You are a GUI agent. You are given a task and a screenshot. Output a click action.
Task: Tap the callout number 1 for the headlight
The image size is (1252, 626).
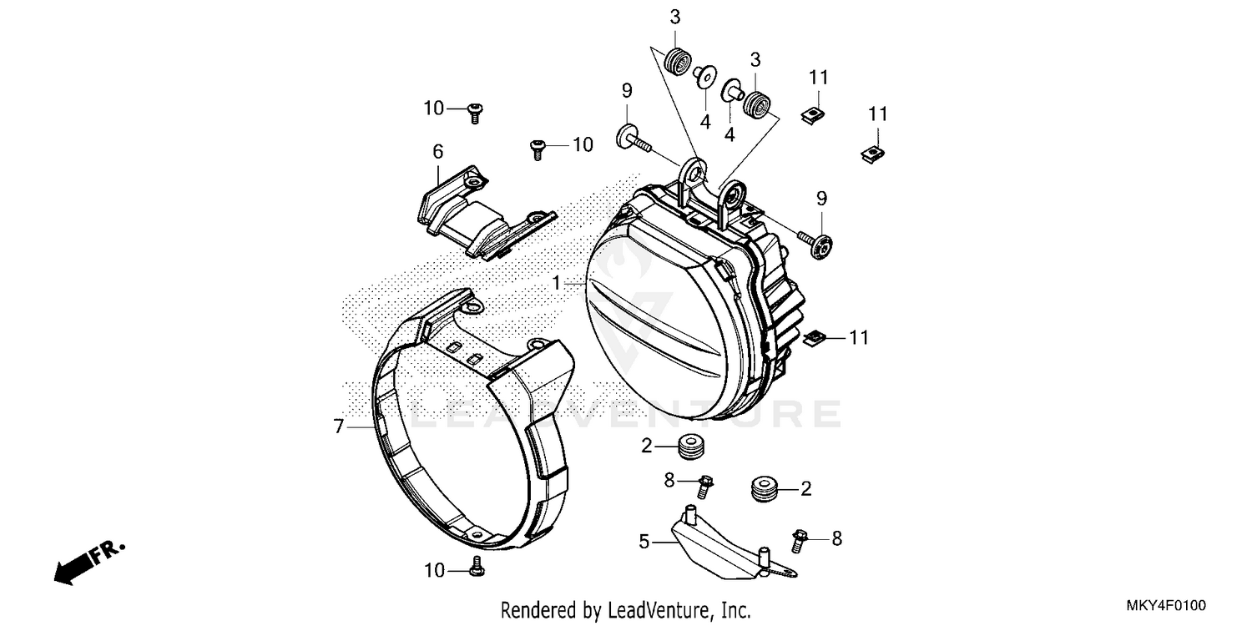tap(556, 284)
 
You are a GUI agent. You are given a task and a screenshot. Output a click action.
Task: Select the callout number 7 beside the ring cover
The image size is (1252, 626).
tap(338, 427)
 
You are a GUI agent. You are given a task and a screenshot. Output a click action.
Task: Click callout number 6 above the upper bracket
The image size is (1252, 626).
tap(437, 151)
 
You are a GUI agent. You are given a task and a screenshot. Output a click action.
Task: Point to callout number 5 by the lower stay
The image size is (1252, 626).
tap(644, 541)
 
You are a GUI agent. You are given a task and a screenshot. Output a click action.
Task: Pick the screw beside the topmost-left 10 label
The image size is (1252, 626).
tap(477, 110)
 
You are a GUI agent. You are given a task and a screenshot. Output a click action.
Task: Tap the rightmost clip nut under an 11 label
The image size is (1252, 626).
tap(874, 153)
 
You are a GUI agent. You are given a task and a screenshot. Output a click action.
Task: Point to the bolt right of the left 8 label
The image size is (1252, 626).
tap(704, 485)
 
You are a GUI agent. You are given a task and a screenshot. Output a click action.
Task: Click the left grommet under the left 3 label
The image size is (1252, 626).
tap(677, 61)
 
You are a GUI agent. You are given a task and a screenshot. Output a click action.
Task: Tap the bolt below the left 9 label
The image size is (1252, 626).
tap(634, 138)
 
